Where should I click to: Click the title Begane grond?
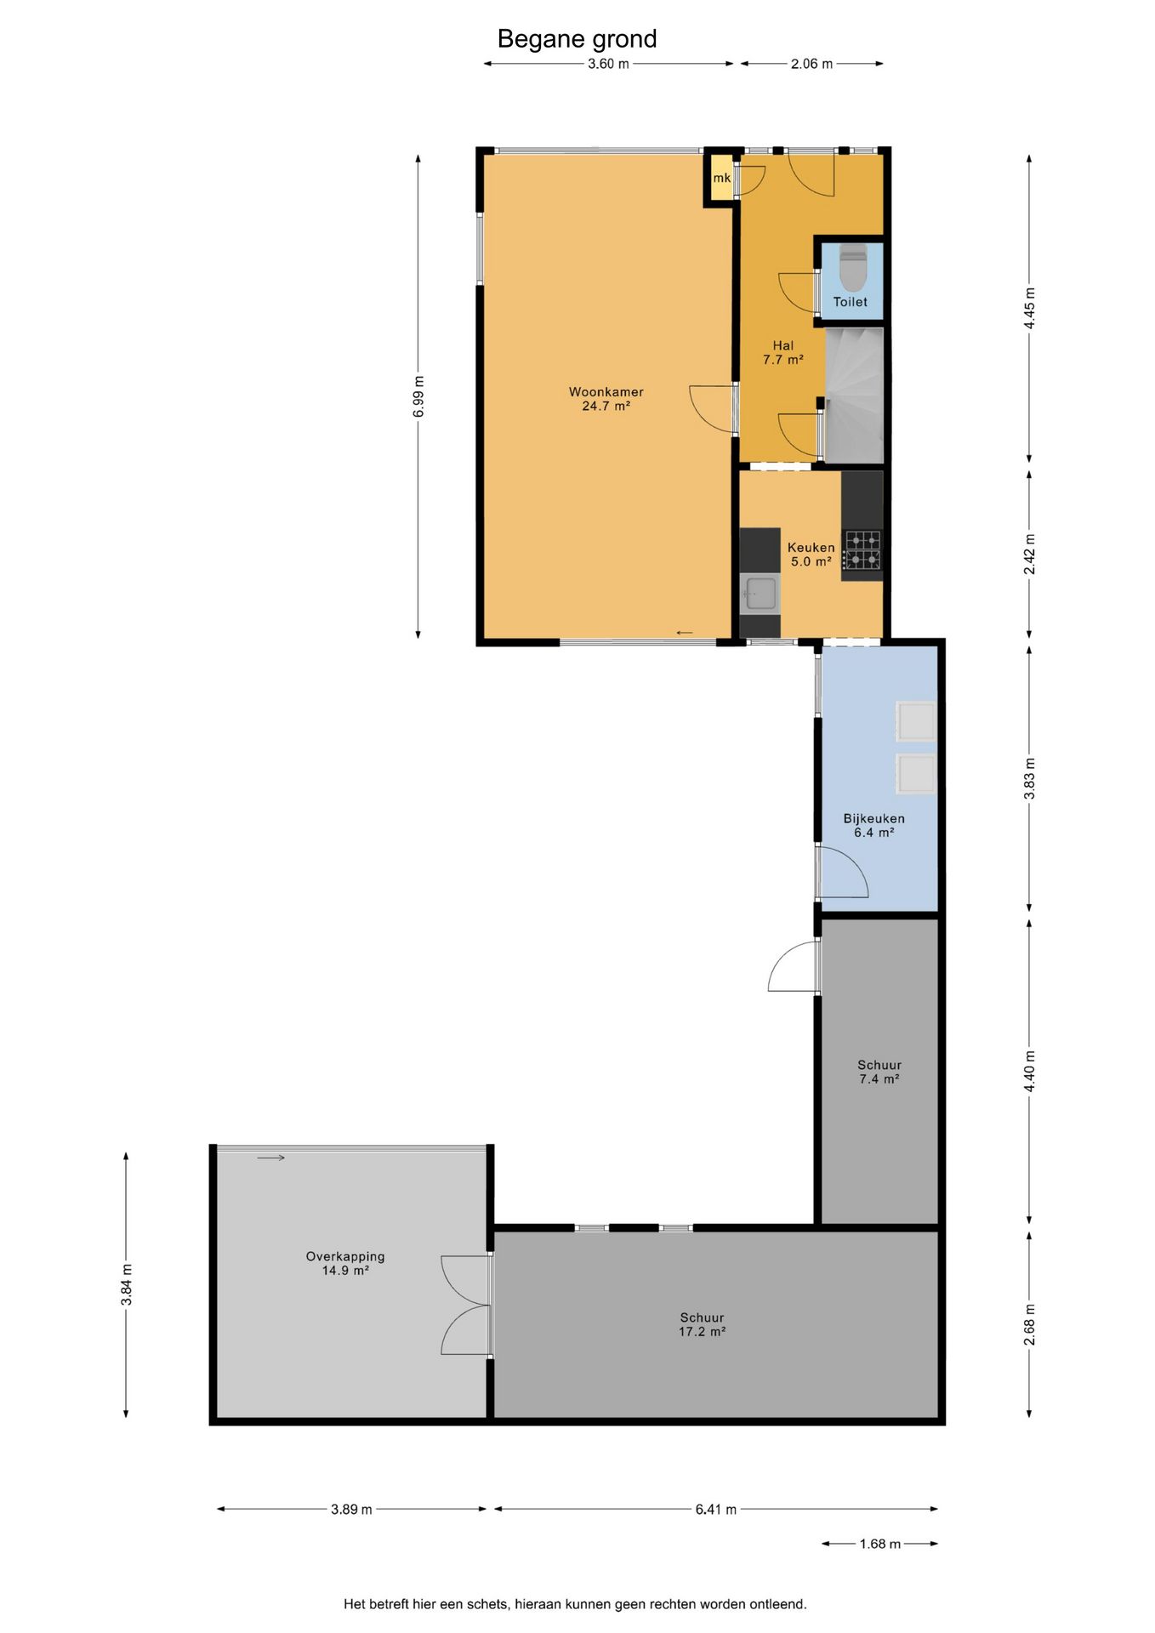pos(577,39)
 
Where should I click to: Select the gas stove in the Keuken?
pos(862,550)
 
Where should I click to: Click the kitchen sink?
pos(760,593)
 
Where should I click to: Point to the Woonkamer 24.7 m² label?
pos(606,399)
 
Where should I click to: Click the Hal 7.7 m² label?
pos(783,352)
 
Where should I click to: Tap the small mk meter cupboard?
pos(722,178)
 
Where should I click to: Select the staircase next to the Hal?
pos(854,395)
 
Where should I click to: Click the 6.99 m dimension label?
pos(418,396)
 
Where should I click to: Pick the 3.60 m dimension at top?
pos(608,64)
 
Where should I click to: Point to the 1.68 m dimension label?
pos(879,1544)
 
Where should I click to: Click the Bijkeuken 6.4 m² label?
pos(874,825)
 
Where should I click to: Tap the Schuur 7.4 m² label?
pos(879,1072)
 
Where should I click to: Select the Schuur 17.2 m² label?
pos(702,1324)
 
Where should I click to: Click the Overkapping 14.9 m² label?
pos(345,1263)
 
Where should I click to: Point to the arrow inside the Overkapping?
pos(270,1158)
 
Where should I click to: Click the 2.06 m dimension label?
pos(811,64)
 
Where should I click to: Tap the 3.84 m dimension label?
pos(127,1285)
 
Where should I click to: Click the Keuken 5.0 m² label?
pos(811,555)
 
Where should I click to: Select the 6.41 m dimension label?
pos(716,1510)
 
